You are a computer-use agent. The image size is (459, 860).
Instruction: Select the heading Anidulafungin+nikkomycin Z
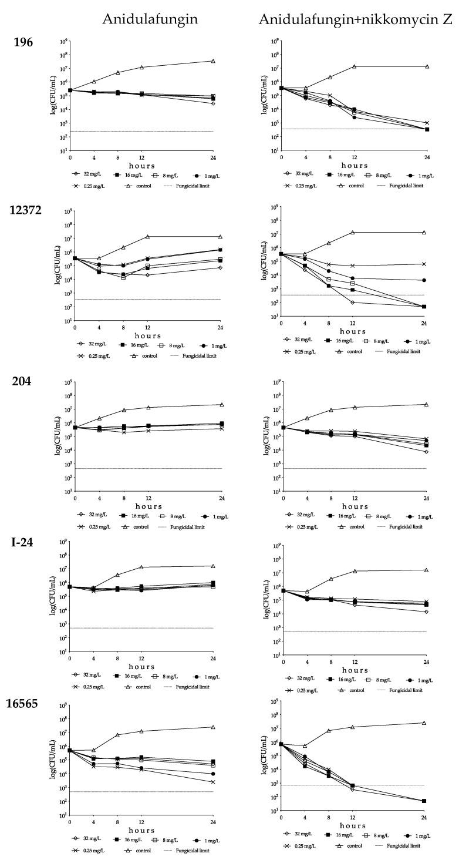click(x=357, y=19)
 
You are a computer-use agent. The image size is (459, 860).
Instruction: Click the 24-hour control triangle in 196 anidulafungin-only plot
click(x=213, y=61)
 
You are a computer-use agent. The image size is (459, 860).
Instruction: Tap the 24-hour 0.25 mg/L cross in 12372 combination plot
click(x=424, y=264)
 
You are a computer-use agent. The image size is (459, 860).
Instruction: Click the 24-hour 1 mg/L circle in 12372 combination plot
click(x=424, y=280)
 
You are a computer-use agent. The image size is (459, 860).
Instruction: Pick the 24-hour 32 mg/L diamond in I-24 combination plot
click(x=426, y=612)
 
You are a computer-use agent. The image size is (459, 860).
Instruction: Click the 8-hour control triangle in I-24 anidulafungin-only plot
click(x=117, y=575)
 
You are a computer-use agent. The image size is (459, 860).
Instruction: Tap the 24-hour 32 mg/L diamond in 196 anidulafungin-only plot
click(x=213, y=103)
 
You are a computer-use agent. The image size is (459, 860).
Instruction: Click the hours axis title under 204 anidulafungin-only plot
click(x=144, y=506)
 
